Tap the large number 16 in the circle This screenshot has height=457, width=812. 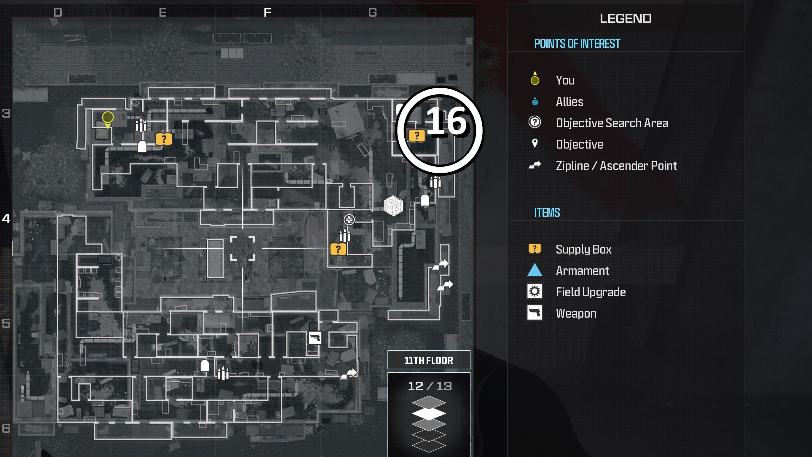[x=446, y=121]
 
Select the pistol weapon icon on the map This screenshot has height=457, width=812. [x=315, y=338]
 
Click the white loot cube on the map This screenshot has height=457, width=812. [x=393, y=206]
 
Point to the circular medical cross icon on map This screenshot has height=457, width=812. [x=349, y=219]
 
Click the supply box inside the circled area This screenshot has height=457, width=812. [x=417, y=136]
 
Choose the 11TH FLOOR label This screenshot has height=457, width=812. [x=429, y=360]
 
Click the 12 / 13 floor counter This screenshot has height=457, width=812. [x=430, y=386]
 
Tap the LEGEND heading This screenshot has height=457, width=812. [x=626, y=19]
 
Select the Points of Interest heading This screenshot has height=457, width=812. [x=577, y=44]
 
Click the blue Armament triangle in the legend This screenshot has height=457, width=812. [x=535, y=270]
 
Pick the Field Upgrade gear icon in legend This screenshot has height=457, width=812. [x=535, y=292]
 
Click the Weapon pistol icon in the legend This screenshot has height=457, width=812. [x=535, y=313]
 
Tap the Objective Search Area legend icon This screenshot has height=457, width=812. [x=535, y=122]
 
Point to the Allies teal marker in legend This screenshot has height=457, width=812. [x=535, y=101]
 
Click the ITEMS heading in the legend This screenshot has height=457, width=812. [x=547, y=213]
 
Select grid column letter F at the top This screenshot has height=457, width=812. [x=267, y=13]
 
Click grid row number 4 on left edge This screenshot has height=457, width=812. [x=6, y=218]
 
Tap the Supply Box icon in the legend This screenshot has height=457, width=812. [x=535, y=249]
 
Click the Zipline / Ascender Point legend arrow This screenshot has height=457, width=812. [x=535, y=165]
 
